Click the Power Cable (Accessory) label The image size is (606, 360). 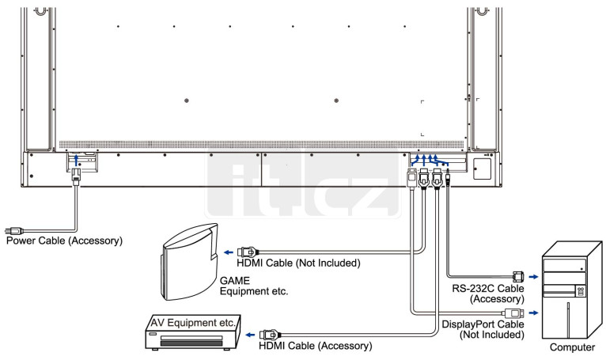64,241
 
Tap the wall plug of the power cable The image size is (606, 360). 14,231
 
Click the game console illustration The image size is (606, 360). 190,262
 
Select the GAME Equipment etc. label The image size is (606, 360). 254,286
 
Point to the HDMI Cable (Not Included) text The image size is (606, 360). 298,263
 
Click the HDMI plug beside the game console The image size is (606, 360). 248,252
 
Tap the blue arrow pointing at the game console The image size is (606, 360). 229,252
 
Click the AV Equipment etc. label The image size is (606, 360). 193,323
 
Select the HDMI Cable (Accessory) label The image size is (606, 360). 316,346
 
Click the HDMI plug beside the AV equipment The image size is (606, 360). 270,335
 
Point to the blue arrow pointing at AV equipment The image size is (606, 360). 251,335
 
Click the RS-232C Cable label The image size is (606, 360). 488,289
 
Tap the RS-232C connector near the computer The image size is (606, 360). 518,276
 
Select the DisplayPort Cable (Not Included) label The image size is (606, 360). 483,329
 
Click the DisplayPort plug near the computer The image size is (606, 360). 514,313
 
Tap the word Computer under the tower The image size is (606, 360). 572,347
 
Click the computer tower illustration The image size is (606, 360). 572,290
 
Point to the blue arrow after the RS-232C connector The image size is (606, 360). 533,277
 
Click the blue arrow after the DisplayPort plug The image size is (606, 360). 533,313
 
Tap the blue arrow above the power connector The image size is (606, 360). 76,161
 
